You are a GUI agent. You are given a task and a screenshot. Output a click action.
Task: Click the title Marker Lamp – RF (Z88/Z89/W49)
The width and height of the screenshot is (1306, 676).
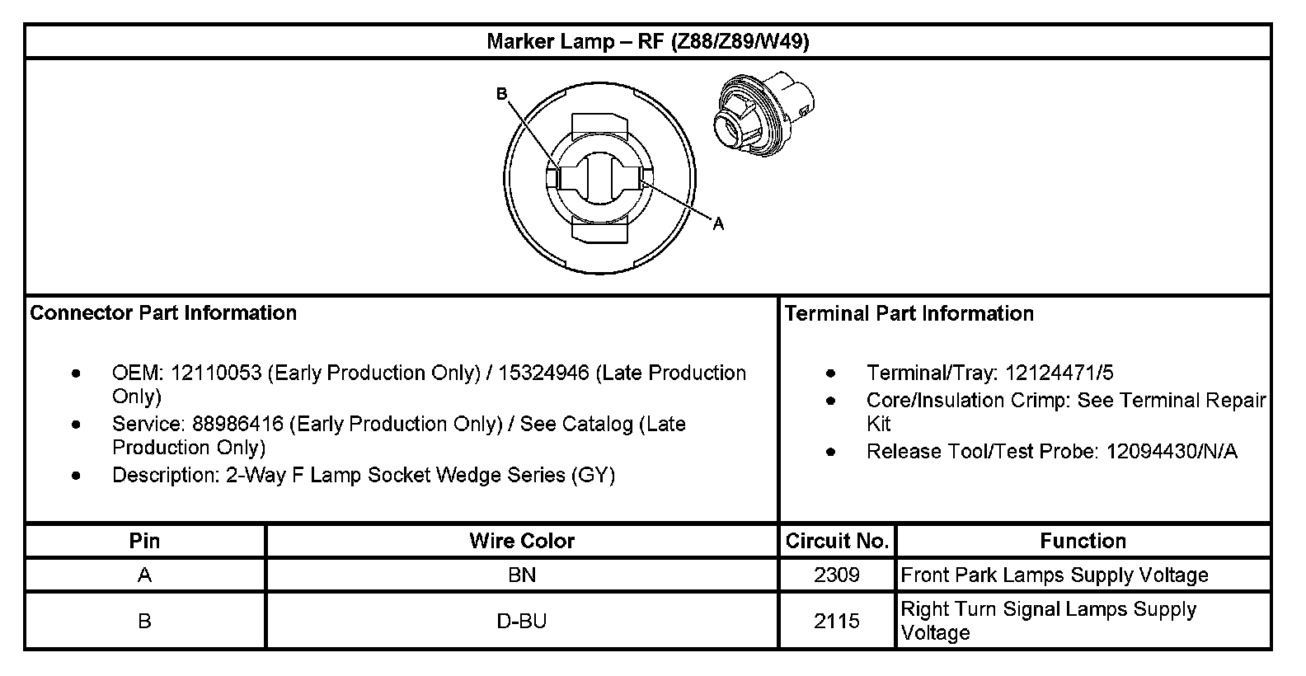coord(648,41)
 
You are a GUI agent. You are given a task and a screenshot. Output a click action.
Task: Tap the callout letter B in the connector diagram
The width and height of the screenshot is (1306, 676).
coord(501,94)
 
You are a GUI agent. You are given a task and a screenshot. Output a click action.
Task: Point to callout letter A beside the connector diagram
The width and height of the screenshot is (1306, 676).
coord(718,223)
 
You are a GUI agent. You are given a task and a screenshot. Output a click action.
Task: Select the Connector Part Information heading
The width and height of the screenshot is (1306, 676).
coord(163,313)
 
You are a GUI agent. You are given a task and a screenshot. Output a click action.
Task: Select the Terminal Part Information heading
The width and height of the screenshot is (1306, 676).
coord(909,313)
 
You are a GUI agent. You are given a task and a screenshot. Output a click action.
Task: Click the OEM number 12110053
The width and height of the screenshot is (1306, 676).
coord(216,373)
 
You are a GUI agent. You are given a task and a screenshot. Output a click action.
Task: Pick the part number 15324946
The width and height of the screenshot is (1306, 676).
coord(543,373)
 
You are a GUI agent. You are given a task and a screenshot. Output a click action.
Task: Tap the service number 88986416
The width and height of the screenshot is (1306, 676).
coord(238,424)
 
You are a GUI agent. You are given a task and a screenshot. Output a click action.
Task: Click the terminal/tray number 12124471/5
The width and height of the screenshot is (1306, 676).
coord(1059,373)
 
